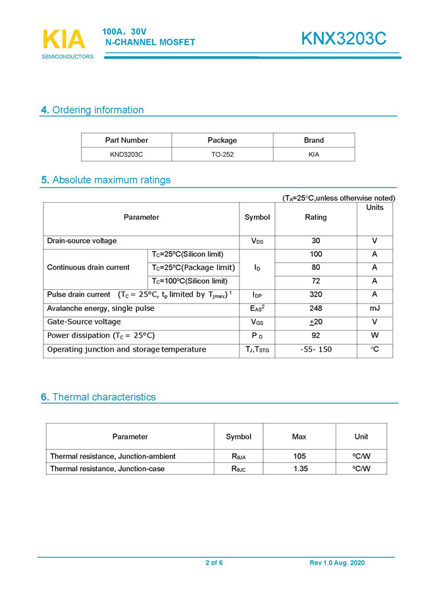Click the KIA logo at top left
(x=64, y=40)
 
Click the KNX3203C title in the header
(x=343, y=40)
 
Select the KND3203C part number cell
(x=126, y=154)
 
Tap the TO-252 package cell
(x=222, y=154)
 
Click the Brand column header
(x=314, y=140)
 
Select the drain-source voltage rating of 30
(x=316, y=241)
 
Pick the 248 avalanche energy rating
(x=316, y=308)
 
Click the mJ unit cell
(x=374, y=308)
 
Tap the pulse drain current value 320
(x=316, y=294)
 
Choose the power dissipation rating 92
(x=316, y=335)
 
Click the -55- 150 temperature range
(x=316, y=349)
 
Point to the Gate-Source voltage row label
(x=84, y=322)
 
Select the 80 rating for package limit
(x=316, y=267)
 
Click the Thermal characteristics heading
(x=104, y=397)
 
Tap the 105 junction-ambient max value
(x=299, y=456)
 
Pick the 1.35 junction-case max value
(x=299, y=469)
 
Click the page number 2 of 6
(x=214, y=563)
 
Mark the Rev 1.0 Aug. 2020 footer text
(x=337, y=563)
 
